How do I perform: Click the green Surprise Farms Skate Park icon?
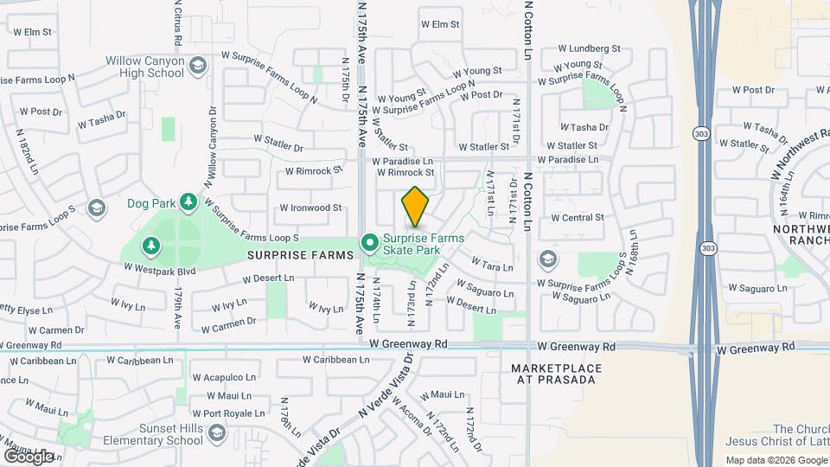(x=370, y=244)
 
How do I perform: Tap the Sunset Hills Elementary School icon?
(x=217, y=432)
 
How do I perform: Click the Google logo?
(x=29, y=457)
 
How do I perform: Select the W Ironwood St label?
(x=311, y=208)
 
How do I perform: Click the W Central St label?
(x=577, y=218)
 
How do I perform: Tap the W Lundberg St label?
(x=590, y=49)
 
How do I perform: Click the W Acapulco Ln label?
(x=224, y=377)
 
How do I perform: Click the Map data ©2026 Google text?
(x=776, y=460)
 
